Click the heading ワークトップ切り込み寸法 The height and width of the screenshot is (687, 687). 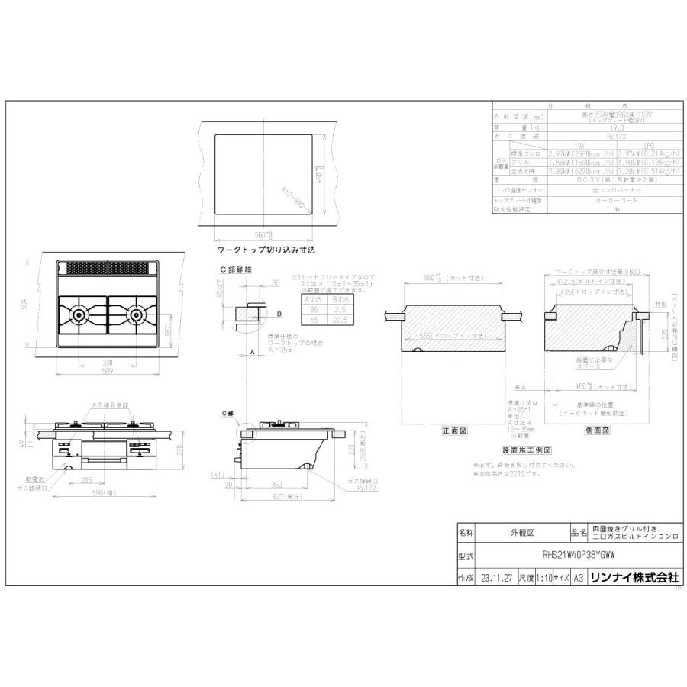(266, 250)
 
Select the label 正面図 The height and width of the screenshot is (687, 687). (453, 430)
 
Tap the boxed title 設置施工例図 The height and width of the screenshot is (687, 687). (526, 450)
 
